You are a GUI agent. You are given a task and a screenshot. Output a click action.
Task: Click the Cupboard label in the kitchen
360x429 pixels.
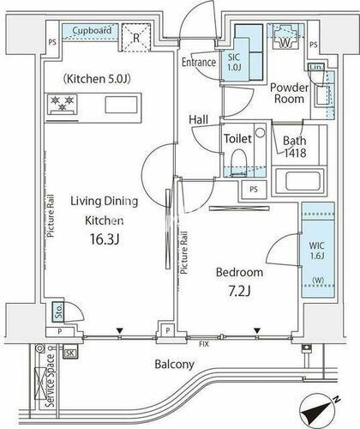(x=92, y=30)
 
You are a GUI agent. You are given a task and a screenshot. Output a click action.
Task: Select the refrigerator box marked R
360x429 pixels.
(x=136, y=37)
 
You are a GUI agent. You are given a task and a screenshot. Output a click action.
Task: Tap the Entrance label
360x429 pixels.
(x=199, y=62)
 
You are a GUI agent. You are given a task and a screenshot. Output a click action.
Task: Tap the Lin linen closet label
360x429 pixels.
(x=315, y=68)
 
